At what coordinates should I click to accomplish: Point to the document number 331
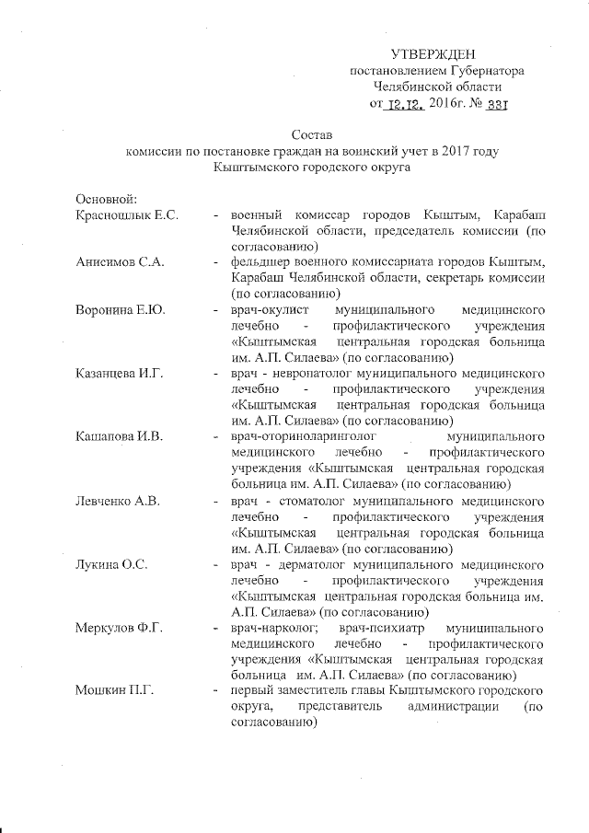pos(496,103)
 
